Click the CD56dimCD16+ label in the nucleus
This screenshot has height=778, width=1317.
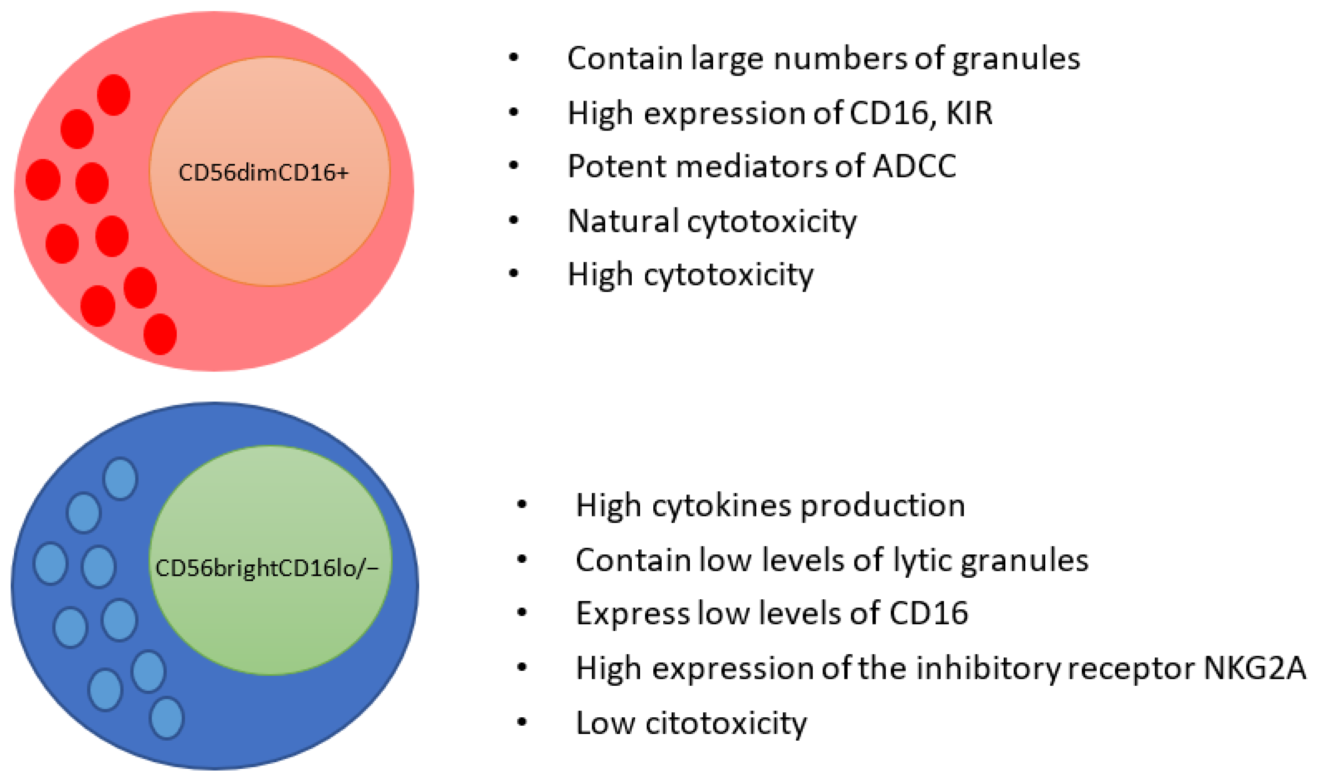(x=263, y=172)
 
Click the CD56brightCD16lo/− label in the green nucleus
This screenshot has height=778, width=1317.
(x=267, y=568)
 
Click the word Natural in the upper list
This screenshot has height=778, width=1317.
(x=623, y=221)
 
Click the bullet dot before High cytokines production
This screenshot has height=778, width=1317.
(x=522, y=505)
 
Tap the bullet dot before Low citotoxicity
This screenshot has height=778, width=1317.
(x=522, y=722)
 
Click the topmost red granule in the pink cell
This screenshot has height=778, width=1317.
(x=114, y=95)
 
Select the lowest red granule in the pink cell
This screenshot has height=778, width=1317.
(x=160, y=334)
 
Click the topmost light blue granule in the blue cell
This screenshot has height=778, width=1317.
(x=121, y=479)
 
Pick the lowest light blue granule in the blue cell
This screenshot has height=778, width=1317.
(x=167, y=718)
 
